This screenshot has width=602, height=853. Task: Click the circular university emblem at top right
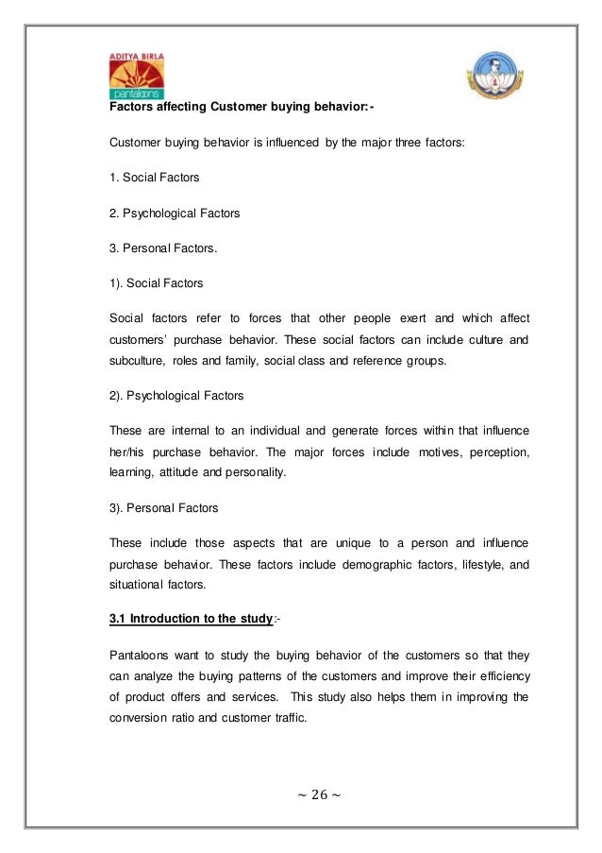coord(487,82)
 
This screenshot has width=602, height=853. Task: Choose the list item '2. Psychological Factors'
coord(175,213)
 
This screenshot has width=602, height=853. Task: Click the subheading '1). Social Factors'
coord(157,281)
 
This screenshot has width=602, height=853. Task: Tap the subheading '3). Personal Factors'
coord(164,508)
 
